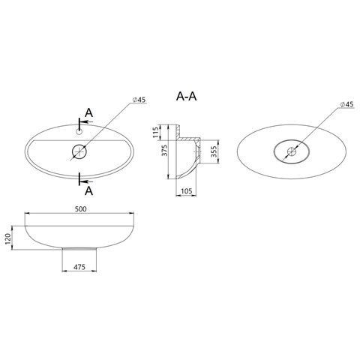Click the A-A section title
(186, 96)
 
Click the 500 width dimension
(81, 208)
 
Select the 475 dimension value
(79, 267)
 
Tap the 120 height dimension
(7, 238)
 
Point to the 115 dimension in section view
(156, 132)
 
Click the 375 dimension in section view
(164, 151)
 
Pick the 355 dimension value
(214, 151)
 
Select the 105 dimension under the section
(186, 191)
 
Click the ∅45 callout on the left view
(139, 100)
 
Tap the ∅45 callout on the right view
(347, 104)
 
